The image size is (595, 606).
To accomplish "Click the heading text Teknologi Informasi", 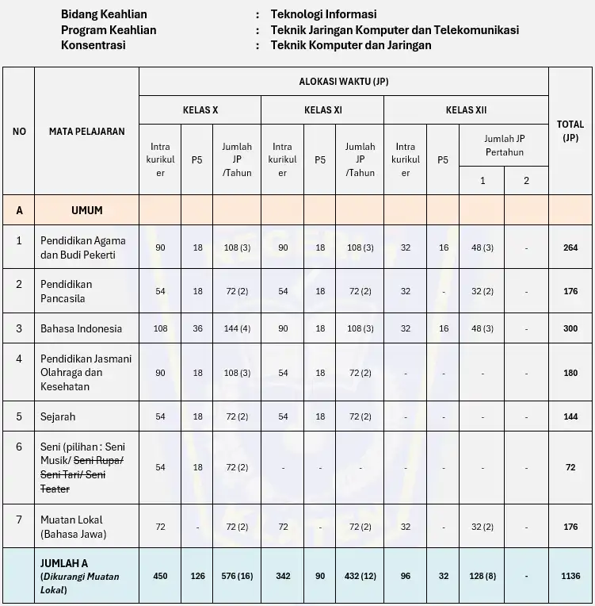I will pyautogui.click(x=323, y=14).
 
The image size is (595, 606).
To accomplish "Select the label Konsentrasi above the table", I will pyautogui.click(x=93, y=45).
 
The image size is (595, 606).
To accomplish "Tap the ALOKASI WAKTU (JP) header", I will pyautogui.click(x=343, y=81).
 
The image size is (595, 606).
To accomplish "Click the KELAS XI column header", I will pyautogui.click(x=322, y=110).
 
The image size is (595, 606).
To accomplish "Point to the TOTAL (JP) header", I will pyautogui.click(x=570, y=130).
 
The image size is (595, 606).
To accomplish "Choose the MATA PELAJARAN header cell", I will pyautogui.click(x=86, y=131).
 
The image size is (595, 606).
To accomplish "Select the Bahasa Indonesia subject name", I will pyautogui.click(x=81, y=328).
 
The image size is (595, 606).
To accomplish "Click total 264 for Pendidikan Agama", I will pyautogui.click(x=570, y=247).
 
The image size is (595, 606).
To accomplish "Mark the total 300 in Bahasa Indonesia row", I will pyautogui.click(x=570, y=328).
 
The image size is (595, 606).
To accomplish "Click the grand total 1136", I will pyautogui.click(x=570, y=577).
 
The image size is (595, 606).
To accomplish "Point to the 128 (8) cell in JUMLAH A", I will pyautogui.click(x=483, y=577).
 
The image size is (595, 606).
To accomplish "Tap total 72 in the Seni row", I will pyautogui.click(x=570, y=468).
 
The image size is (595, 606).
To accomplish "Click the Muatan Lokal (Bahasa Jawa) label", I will pyautogui.click(x=73, y=526).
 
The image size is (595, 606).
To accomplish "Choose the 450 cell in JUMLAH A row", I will pyautogui.click(x=160, y=577).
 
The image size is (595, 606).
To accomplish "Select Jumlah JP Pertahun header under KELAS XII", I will pyautogui.click(x=505, y=145).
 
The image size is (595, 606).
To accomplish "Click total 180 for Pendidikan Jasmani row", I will pyautogui.click(x=570, y=373).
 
